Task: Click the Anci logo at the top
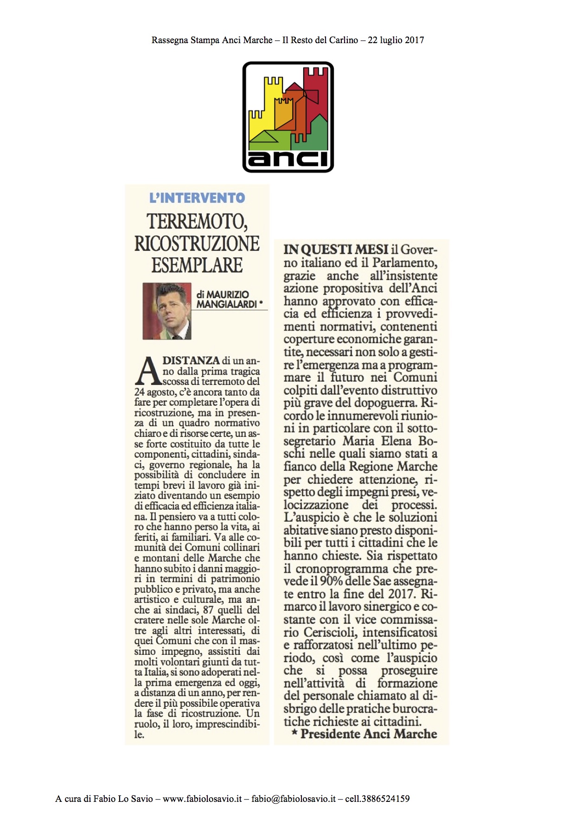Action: click(288, 117)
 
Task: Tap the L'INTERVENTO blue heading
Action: click(197, 198)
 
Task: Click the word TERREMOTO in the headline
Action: click(197, 222)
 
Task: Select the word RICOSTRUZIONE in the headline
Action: click(197, 243)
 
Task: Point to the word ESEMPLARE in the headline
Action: click(197, 266)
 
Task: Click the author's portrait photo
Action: click(167, 311)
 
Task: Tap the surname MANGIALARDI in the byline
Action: click(226, 304)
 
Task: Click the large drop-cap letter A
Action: click(147, 371)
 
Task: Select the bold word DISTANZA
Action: click(191, 360)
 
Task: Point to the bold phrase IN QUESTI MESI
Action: click(336, 250)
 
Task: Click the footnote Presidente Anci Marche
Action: click(369, 734)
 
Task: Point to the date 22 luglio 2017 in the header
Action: click(396, 40)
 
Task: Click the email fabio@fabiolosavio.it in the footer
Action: click(294, 799)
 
